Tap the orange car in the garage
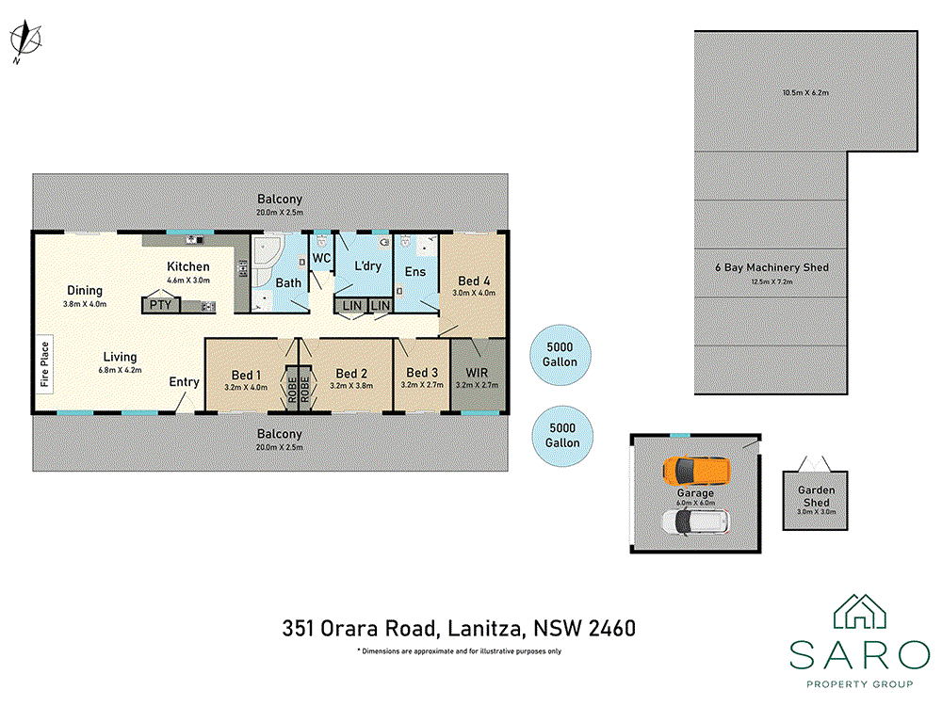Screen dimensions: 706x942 (695, 469)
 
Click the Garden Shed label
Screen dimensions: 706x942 (816, 496)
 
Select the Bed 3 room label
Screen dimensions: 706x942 (420, 372)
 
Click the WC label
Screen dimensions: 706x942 (321, 258)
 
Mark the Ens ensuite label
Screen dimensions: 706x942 (415, 272)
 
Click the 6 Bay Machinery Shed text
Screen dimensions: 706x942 (771, 267)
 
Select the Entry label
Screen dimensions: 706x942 (184, 381)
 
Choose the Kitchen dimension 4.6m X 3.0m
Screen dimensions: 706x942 (188, 281)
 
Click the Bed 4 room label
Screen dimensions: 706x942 (474, 281)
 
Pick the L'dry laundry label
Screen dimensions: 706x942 (366, 266)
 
